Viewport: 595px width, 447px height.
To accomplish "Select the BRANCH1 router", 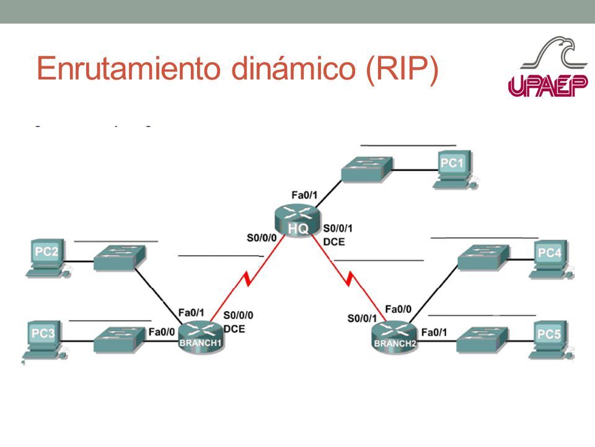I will click(200, 338).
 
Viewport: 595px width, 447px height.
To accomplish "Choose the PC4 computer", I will click(552, 258).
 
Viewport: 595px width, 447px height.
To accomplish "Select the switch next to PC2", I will click(119, 257).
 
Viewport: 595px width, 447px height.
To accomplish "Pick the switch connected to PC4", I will click(483, 257).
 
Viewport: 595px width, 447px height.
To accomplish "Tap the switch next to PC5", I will click(483, 340).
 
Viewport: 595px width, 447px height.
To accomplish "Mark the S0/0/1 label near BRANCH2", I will click(362, 318).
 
